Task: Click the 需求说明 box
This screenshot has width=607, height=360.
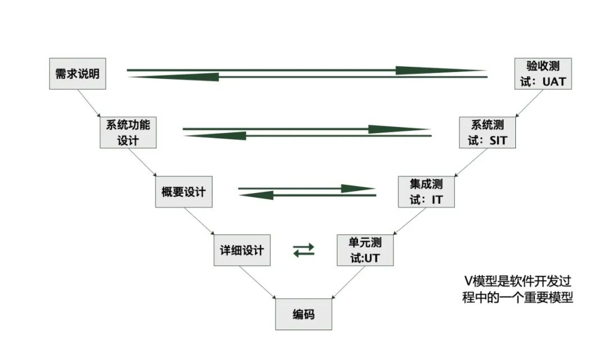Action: coord(78,74)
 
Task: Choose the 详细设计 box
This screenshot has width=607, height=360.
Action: coord(242,250)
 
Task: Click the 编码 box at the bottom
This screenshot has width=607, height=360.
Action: coord(303,314)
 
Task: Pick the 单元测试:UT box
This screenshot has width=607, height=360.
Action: coord(365,250)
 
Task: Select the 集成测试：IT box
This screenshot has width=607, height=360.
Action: coord(426,192)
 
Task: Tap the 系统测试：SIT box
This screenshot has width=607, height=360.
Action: coord(487,132)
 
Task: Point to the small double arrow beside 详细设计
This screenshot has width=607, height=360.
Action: coord(304,250)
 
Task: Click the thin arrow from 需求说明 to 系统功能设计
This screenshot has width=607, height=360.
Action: coord(89,103)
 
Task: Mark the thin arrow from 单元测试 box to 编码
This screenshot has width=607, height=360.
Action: coord(349,282)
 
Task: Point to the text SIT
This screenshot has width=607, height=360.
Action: coord(498,140)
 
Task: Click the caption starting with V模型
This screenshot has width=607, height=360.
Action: coord(518,289)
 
